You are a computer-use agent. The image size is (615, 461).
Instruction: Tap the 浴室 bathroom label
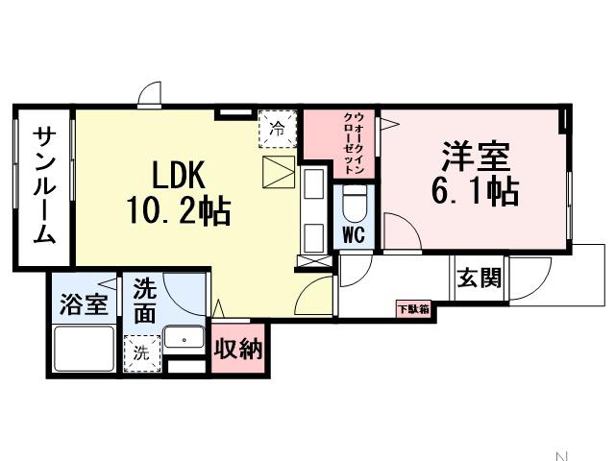pos(84,304)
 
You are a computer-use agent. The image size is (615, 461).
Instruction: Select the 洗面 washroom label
pos(144,299)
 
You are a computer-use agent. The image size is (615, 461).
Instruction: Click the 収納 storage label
pos(237,350)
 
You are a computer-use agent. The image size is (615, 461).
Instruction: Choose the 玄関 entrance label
pos(478,279)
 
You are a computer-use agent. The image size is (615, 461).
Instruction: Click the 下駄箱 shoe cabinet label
pos(413,308)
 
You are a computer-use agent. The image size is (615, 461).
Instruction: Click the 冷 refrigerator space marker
pos(277,127)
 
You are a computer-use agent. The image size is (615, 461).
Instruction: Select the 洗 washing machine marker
pos(140,351)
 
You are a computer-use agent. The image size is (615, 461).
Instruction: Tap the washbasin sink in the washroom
pos(183,338)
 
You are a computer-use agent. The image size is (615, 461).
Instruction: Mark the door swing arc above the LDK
pos(150,96)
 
